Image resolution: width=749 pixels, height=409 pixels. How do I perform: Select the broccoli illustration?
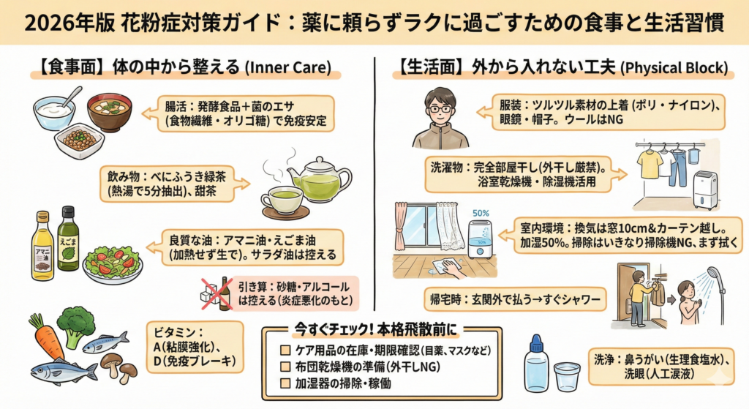pos(76,326)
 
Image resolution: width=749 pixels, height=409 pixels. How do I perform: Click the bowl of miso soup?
pos(109,110)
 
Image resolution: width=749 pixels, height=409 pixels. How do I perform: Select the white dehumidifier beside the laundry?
pos(705,189)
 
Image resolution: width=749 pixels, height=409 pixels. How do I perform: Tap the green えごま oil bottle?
pos(68,239)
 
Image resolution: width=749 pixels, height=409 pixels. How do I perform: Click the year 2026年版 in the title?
pos(55,23)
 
